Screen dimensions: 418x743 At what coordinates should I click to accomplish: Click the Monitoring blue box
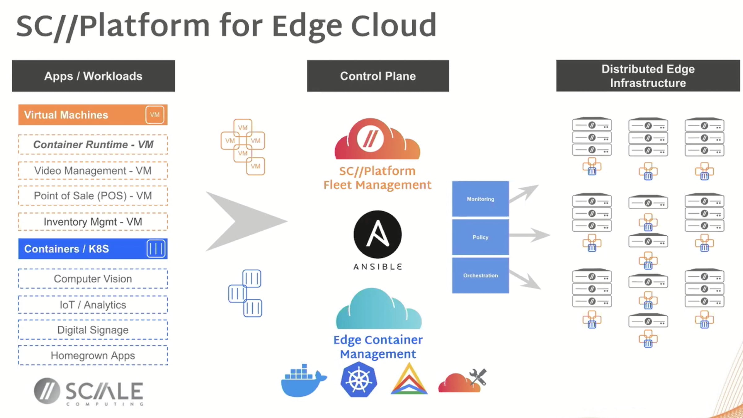480,199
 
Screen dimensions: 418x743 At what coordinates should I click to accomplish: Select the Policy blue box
480,237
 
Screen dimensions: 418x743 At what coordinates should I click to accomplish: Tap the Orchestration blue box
480,275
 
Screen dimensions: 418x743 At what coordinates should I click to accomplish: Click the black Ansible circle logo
378,234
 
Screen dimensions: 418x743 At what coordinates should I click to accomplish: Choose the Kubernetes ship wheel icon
359,380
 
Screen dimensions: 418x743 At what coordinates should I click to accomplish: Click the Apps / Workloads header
93,76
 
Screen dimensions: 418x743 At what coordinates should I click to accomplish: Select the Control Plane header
378,76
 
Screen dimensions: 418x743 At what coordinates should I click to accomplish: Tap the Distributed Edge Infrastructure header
648,76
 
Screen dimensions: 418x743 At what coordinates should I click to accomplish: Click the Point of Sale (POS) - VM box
93,196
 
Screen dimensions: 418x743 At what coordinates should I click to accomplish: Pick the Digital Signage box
93,330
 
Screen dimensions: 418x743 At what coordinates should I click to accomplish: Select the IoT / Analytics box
93,305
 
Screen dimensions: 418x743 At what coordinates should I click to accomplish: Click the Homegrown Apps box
93,355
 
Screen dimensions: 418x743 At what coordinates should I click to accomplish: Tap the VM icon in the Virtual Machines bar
155,115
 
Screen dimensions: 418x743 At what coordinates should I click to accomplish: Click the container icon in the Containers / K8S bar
156,249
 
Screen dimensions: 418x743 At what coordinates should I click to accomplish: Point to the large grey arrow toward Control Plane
245,221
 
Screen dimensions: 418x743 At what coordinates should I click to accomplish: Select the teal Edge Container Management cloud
378,310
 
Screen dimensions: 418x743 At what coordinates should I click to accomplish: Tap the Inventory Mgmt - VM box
93,222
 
